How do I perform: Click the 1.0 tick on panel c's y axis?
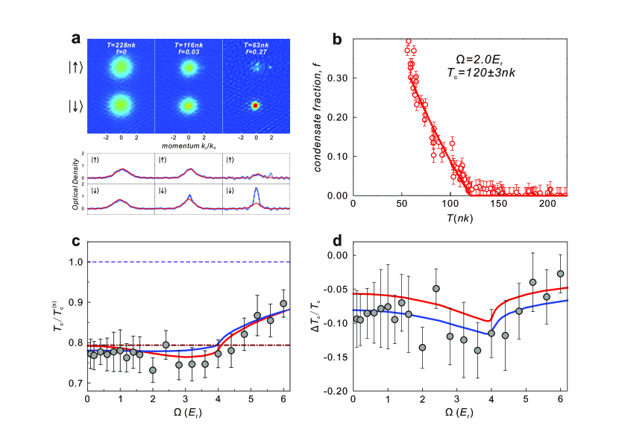(x=75, y=262)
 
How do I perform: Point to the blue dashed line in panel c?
(x=186, y=262)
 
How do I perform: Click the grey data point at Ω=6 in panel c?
(x=283, y=304)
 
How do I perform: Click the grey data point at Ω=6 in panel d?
(x=560, y=274)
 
